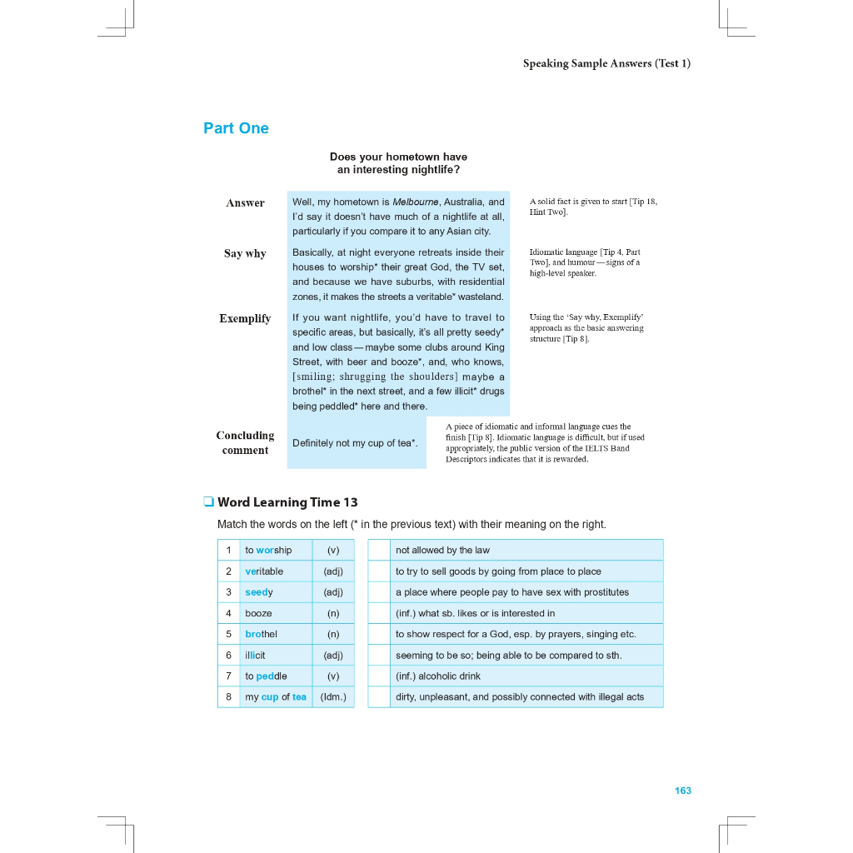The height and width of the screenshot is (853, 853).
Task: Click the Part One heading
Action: pyautogui.click(x=236, y=128)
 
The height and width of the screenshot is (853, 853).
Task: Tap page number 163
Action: pyautogui.click(x=683, y=791)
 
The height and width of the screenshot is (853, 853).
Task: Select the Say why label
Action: pyautogui.click(x=245, y=253)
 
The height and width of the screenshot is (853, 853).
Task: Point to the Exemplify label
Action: pyautogui.click(x=245, y=318)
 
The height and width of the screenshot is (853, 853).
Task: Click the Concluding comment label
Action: pyautogui.click(x=245, y=442)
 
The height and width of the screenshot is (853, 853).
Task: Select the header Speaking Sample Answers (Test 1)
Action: pyautogui.click(x=606, y=63)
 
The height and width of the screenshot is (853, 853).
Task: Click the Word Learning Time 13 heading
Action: pyautogui.click(x=287, y=502)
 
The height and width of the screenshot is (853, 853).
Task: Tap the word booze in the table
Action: pyautogui.click(x=258, y=613)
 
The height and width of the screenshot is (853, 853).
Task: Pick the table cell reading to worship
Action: pyautogui.click(x=268, y=550)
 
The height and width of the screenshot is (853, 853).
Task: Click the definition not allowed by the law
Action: pyautogui.click(x=442, y=550)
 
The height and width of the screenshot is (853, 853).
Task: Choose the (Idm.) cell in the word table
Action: pyautogui.click(x=333, y=697)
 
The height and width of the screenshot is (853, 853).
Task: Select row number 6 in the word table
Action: pyautogui.click(x=228, y=656)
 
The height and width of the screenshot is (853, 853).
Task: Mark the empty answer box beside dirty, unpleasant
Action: pyautogui.click(x=379, y=697)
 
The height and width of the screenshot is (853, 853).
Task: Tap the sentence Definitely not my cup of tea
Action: pyautogui.click(x=355, y=443)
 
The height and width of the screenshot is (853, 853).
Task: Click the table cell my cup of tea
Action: pyautogui.click(x=276, y=697)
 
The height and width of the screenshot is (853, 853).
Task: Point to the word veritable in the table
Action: pyautogui.click(x=264, y=571)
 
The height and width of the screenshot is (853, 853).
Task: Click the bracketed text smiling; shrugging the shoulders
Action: pyautogui.click(x=375, y=377)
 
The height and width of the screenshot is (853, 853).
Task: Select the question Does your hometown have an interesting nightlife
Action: pyautogui.click(x=398, y=163)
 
